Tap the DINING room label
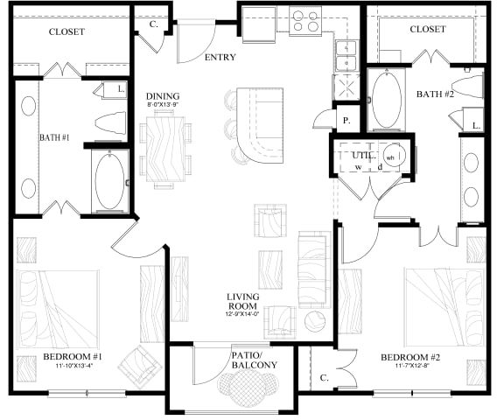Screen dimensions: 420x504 pyautogui.click(x=163, y=96)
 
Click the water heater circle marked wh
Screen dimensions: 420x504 pyautogui.click(x=391, y=158)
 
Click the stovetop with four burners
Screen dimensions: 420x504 pyautogui.click(x=304, y=20)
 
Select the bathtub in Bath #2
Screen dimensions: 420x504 pyautogui.click(x=383, y=102)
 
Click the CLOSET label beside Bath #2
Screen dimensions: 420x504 pyautogui.click(x=428, y=29)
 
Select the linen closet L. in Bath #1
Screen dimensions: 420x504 pyautogui.click(x=119, y=89)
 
